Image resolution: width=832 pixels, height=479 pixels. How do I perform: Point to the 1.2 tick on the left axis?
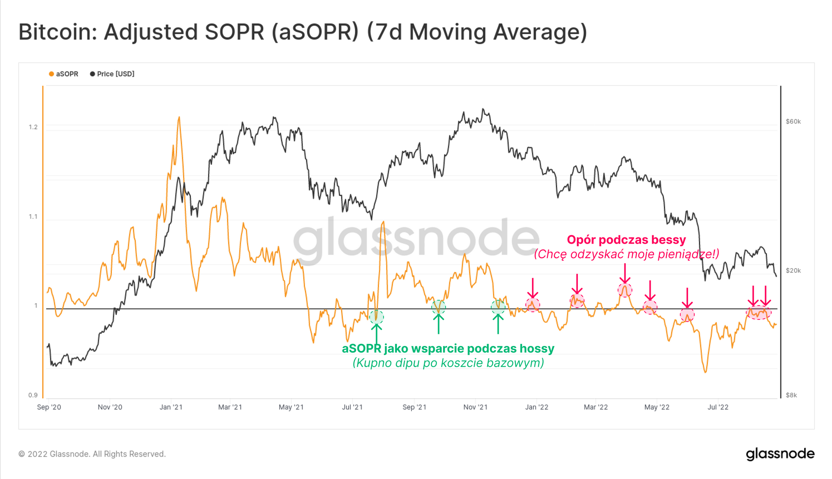coord(33,127)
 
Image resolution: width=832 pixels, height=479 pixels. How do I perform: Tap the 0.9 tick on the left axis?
coord(33,395)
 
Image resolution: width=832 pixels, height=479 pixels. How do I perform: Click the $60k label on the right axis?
coord(793,122)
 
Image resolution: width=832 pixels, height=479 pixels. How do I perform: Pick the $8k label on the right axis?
coord(791,395)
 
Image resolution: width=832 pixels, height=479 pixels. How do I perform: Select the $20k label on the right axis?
coord(793,271)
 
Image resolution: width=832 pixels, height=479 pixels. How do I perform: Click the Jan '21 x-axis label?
coord(171,407)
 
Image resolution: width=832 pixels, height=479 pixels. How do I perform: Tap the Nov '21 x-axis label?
coord(475,407)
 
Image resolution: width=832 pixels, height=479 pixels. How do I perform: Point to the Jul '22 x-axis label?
coord(718,407)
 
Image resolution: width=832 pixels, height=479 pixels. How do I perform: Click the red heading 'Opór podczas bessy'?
coord(626,240)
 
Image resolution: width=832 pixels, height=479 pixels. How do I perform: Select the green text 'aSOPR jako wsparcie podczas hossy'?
coord(448,348)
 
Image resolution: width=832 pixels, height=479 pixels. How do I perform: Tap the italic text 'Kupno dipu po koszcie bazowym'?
coord(448,363)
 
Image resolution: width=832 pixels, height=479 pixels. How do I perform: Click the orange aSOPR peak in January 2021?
coord(179,118)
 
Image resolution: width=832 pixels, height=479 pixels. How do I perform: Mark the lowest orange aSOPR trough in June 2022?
coord(706,372)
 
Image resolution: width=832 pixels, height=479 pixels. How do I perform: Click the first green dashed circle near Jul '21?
coord(376,317)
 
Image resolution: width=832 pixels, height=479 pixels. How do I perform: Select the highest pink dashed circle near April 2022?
coord(625,290)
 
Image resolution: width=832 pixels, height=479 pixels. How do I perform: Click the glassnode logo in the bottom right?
coord(780,454)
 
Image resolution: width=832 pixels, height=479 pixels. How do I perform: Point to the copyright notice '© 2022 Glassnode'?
coord(92,454)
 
